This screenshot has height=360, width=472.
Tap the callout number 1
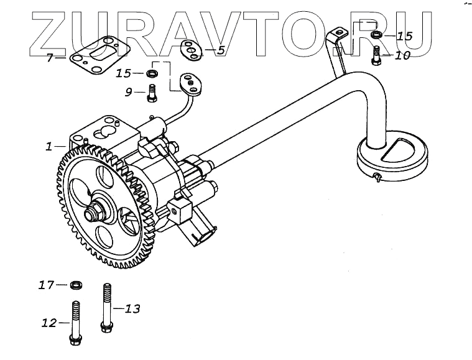click(x=49, y=147)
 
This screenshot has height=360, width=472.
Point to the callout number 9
click(x=129, y=93)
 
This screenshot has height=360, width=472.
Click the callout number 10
click(x=402, y=55)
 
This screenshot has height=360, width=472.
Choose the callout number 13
click(x=133, y=308)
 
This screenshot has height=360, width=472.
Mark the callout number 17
click(x=45, y=285)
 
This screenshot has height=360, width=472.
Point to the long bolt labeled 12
click(x=75, y=323)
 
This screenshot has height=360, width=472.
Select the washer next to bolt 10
click(x=376, y=35)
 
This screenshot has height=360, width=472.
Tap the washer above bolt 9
click(x=152, y=74)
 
